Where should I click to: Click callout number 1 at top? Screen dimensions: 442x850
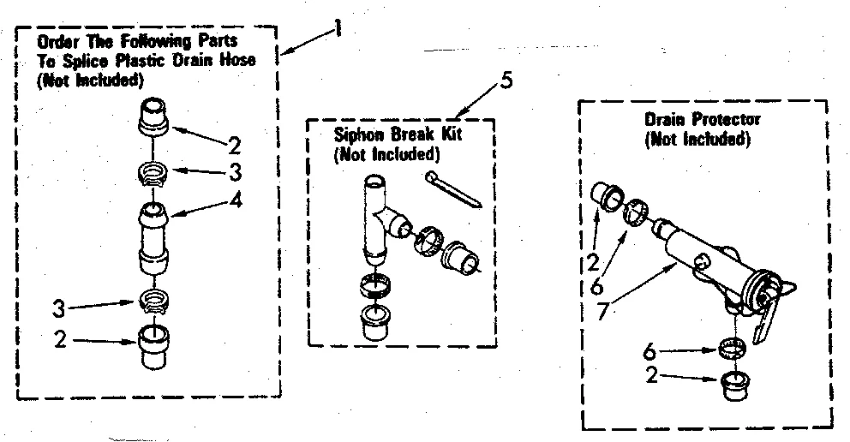tap(338, 28)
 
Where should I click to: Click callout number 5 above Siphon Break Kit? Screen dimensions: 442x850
tap(506, 82)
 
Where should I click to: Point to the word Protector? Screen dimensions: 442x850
tap(729, 120)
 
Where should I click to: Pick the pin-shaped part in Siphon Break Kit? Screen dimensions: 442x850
tap(453, 188)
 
